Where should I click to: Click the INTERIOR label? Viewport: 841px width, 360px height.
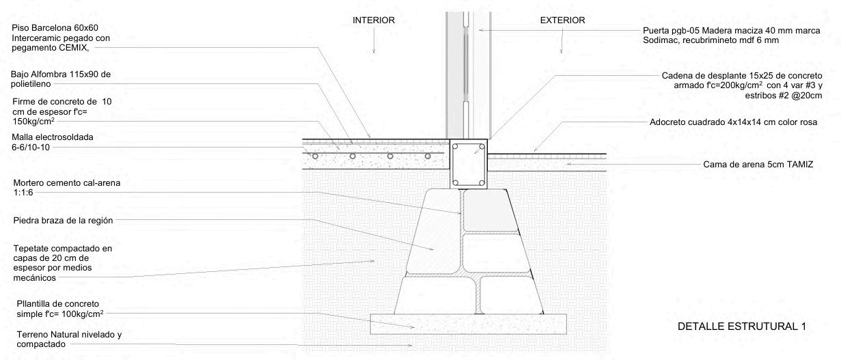373,20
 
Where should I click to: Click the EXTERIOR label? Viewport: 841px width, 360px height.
562,20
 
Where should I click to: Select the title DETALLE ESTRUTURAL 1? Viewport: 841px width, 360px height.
741,327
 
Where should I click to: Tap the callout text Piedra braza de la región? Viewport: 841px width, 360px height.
62,220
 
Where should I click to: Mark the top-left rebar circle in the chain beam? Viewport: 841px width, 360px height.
456,146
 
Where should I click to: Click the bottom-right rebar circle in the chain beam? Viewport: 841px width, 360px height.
482,182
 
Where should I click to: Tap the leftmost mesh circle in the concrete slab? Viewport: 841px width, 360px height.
316,156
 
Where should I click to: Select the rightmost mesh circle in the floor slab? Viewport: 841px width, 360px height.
428,156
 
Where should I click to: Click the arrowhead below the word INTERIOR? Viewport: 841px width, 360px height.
373,51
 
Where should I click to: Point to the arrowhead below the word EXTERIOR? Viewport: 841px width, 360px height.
562,51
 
